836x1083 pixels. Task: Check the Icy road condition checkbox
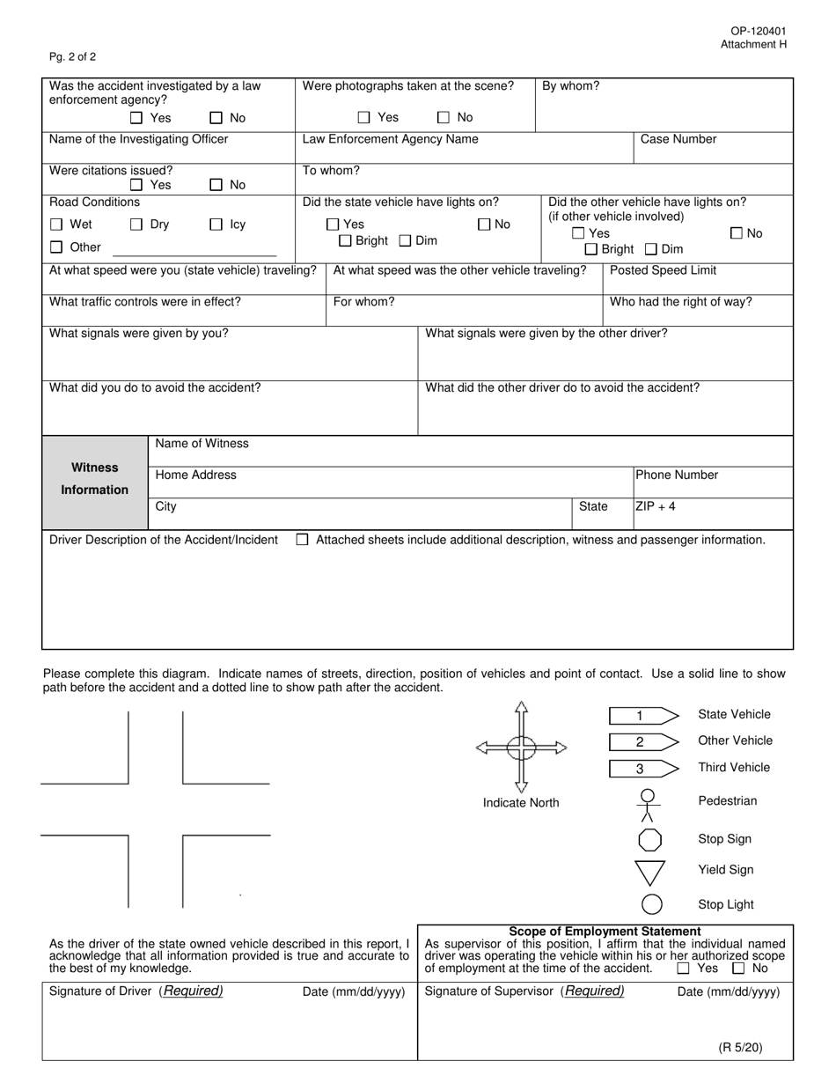pyautogui.click(x=216, y=225)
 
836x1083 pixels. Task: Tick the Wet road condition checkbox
pyautogui.click(x=56, y=225)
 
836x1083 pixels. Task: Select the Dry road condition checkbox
pyautogui.click(x=136, y=225)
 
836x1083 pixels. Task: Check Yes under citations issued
pyautogui.click(x=136, y=185)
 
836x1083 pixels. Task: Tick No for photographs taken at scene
pyautogui.click(x=444, y=117)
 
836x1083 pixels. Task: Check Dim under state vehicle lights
pyautogui.click(x=406, y=240)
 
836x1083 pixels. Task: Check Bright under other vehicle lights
pyautogui.click(x=591, y=249)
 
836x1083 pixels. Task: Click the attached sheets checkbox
pyautogui.click(x=302, y=540)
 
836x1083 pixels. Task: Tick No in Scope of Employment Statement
pyautogui.click(x=738, y=969)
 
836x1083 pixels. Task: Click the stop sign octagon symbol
pyautogui.click(x=650, y=839)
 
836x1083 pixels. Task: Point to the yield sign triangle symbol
pyautogui.click(x=650, y=872)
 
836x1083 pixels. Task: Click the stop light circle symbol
pyautogui.click(x=651, y=904)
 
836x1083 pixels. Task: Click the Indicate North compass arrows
pyautogui.click(x=521, y=748)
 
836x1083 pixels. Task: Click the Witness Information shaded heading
pyautogui.click(x=95, y=479)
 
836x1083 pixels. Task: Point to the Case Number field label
pyautogui.click(x=678, y=139)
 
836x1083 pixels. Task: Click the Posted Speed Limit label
pyautogui.click(x=663, y=270)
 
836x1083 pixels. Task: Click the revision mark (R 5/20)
pyautogui.click(x=740, y=1047)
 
